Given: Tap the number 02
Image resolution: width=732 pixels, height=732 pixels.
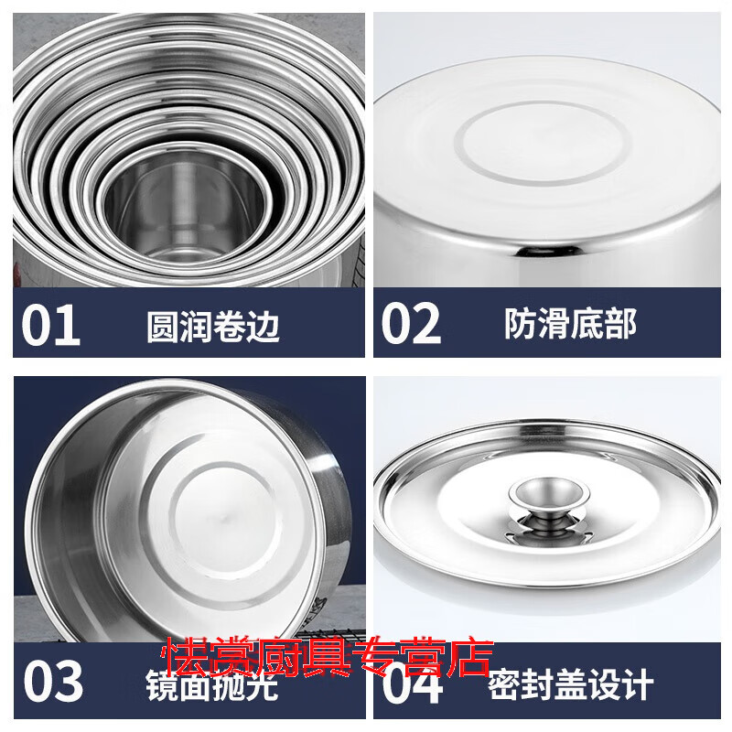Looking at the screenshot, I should pyautogui.click(x=410, y=325).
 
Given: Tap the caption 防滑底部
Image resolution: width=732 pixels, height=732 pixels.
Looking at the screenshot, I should pyautogui.click(x=570, y=324).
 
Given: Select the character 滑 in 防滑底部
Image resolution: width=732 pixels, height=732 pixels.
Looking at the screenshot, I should pyautogui.click(x=553, y=324).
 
